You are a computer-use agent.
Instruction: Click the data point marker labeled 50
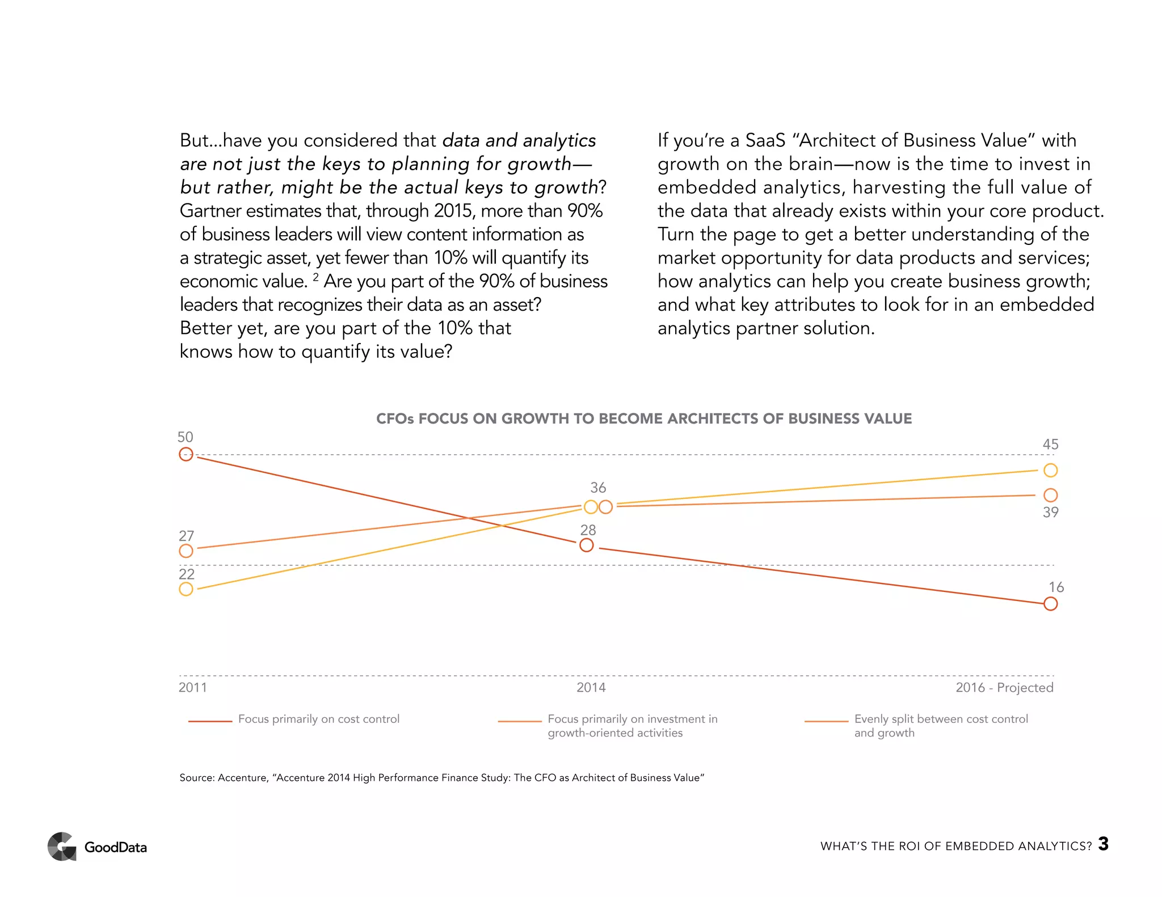(x=186, y=454)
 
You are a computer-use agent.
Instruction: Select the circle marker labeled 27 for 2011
(x=186, y=551)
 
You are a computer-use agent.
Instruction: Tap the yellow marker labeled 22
(x=186, y=589)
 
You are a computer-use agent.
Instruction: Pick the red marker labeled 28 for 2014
(x=587, y=545)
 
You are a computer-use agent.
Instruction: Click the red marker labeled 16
(x=1050, y=604)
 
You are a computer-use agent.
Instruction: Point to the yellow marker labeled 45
(x=1050, y=470)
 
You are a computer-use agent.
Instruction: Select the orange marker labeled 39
(x=1050, y=495)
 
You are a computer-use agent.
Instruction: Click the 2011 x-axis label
(x=193, y=688)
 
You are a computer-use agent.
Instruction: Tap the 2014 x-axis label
(x=591, y=688)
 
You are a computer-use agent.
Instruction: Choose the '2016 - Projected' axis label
(x=1004, y=688)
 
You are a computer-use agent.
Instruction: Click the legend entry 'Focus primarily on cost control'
(x=318, y=719)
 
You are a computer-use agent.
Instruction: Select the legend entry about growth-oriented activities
(x=632, y=726)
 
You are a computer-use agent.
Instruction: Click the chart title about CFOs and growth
(x=644, y=418)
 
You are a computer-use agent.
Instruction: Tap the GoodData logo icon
(x=62, y=847)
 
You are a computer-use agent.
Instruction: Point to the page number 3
(x=1103, y=844)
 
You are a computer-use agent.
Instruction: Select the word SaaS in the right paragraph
(x=765, y=140)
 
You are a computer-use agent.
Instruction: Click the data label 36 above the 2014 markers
(x=598, y=488)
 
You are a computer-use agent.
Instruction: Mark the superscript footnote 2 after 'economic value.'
(x=316, y=277)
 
